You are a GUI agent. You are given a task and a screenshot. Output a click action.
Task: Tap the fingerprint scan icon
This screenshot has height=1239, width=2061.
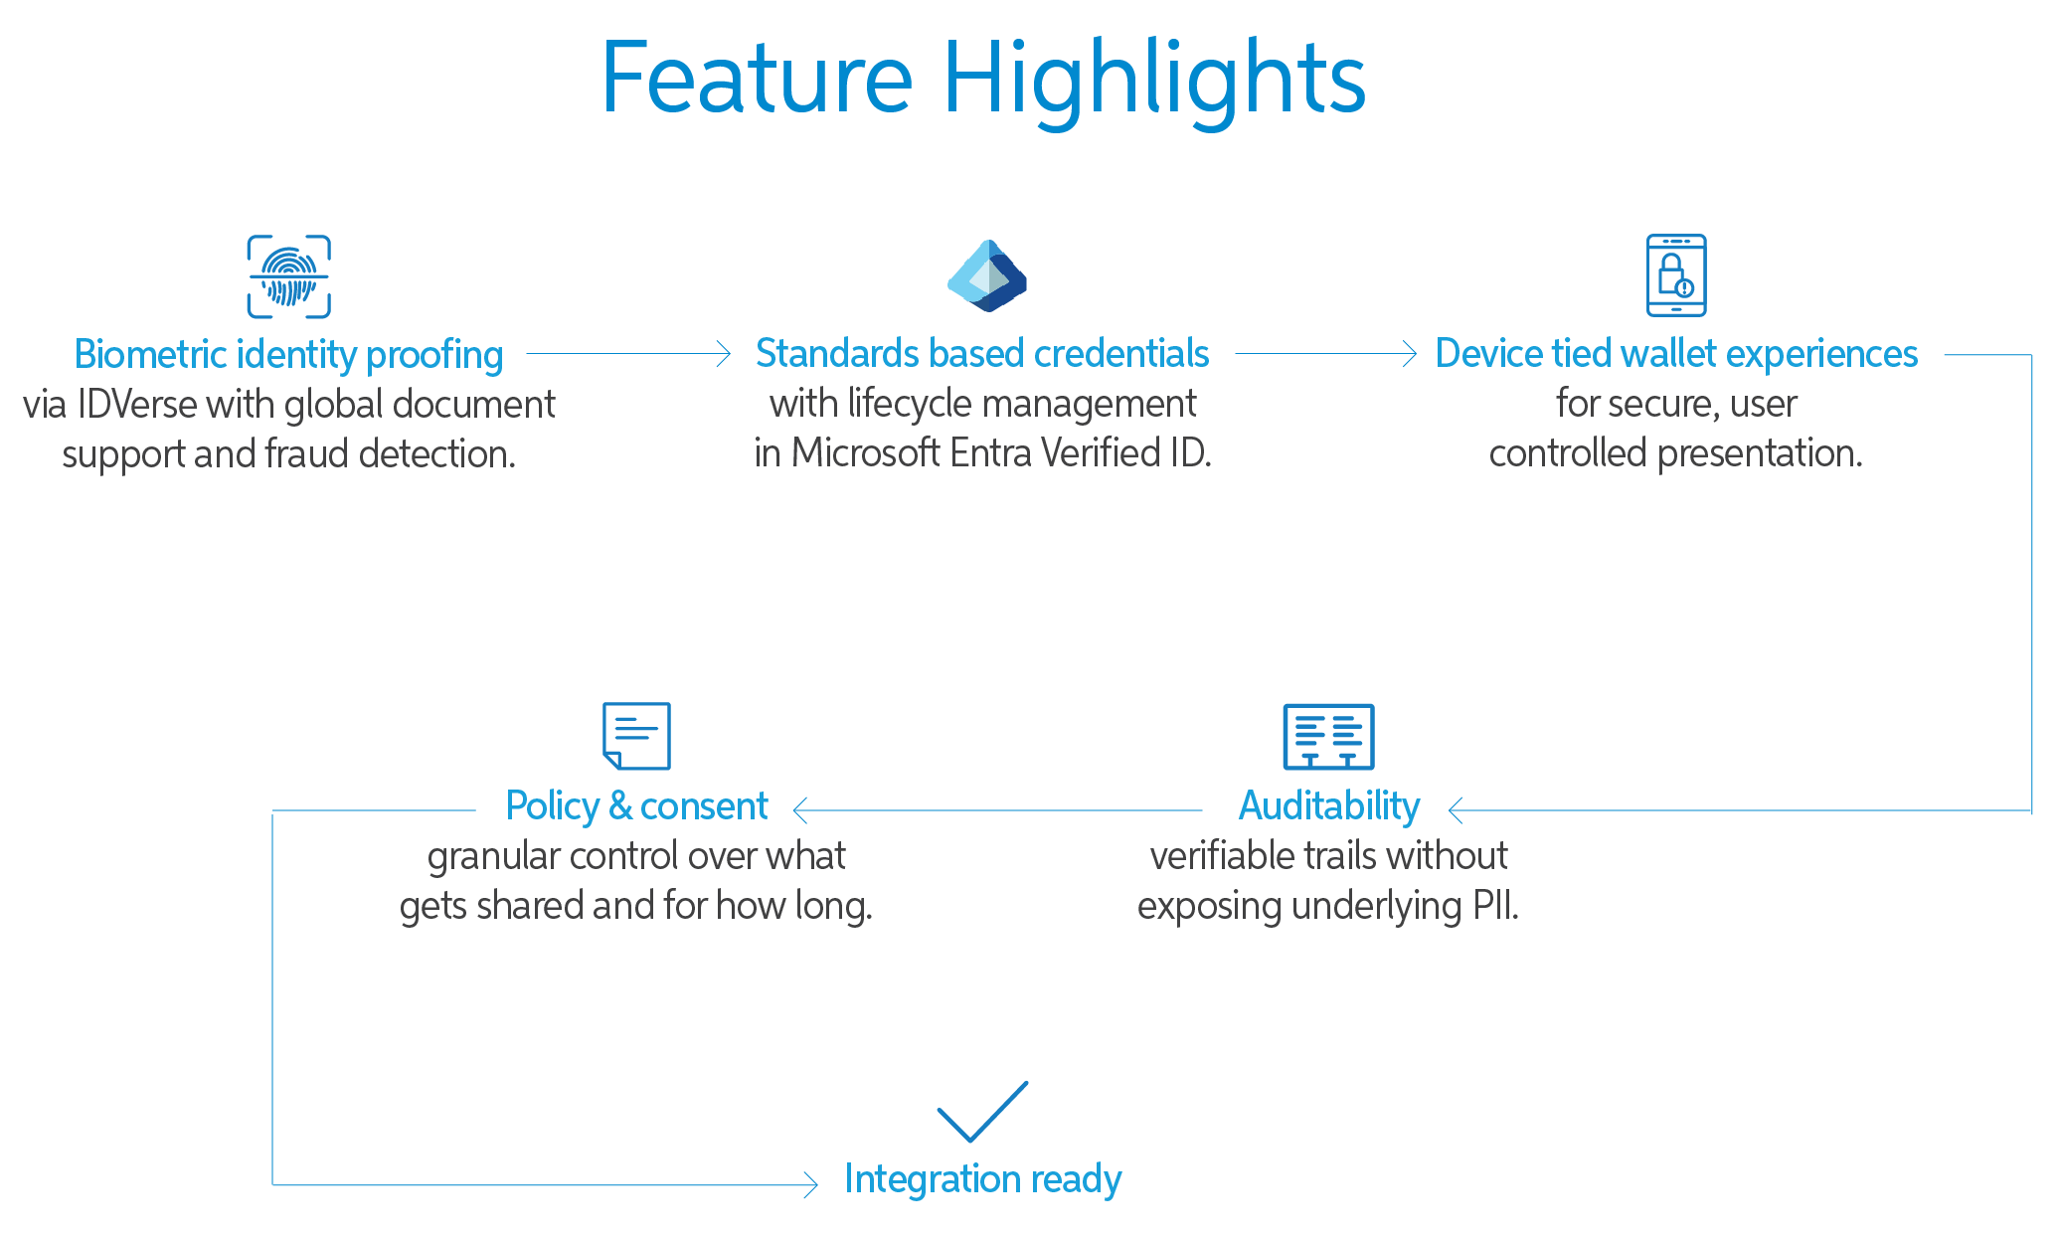pyautogui.click(x=288, y=276)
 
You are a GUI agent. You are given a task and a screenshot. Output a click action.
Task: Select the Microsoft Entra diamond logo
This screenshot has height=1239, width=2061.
pyautogui.click(x=986, y=275)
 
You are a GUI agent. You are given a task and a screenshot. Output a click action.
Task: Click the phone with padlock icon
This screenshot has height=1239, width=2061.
pyautogui.click(x=1676, y=275)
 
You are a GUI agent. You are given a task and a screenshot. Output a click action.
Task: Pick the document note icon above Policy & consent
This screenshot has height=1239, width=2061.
pyautogui.click(x=636, y=736)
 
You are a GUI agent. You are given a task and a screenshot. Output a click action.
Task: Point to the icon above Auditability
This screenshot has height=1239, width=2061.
pyautogui.click(x=1328, y=736)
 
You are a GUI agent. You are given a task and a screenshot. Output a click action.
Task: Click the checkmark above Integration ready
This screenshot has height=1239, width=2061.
pyautogui.click(x=982, y=1111)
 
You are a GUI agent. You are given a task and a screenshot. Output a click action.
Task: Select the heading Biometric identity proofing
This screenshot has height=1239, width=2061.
pyautogui.click(x=288, y=354)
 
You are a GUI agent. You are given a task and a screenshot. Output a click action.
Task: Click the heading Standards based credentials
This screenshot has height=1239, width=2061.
pyautogui.click(x=982, y=353)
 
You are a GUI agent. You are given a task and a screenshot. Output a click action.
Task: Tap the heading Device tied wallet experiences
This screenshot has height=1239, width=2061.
pyautogui.click(x=1676, y=353)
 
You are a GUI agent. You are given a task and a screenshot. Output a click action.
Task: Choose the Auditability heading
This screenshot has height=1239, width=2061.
pyautogui.click(x=1328, y=805)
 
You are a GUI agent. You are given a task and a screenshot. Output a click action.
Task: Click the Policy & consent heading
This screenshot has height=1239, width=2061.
pyautogui.click(x=636, y=805)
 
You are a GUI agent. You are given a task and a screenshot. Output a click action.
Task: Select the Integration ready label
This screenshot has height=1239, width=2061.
pyautogui.click(x=982, y=1179)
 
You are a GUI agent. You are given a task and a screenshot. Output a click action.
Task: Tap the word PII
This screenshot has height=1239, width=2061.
pyautogui.click(x=1494, y=906)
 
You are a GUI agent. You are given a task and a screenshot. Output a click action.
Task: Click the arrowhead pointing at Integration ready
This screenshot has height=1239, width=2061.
pyautogui.click(x=811, y=1184)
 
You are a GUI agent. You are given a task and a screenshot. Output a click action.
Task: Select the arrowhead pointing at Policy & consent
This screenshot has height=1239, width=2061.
pyautogui.click(x=799, y=810)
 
